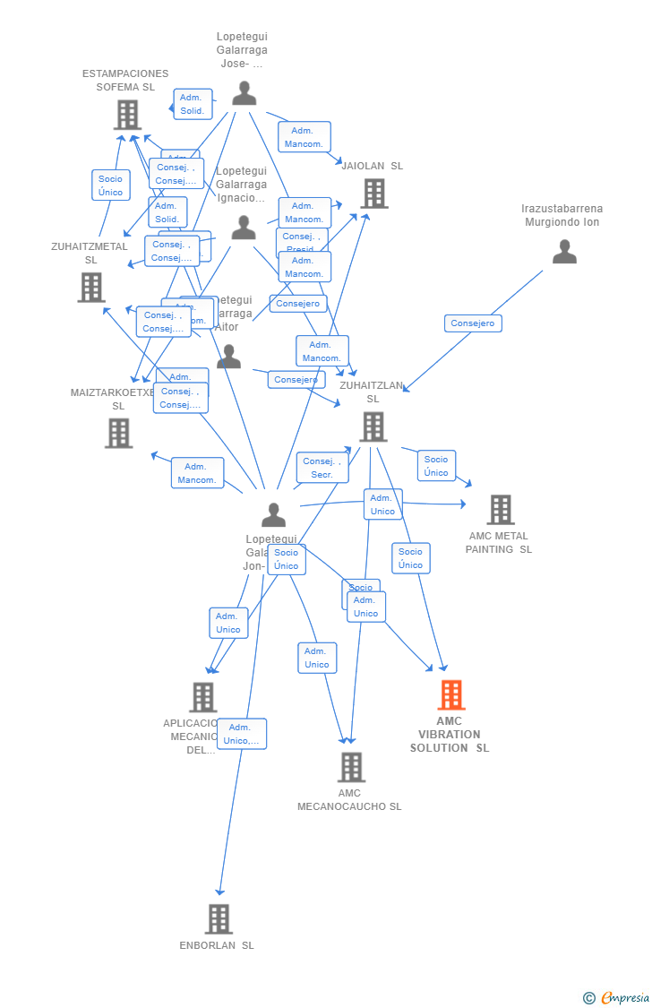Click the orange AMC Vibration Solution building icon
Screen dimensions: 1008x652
[450, 694]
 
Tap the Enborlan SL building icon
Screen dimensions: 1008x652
[219, 918]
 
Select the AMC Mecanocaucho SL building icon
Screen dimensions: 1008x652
[351, 767]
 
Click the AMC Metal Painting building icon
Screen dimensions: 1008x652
[500, 509]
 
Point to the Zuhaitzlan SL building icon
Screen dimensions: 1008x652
[373, 426]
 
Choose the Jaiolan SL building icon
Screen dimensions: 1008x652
[373, 193]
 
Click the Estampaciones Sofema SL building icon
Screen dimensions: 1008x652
[127, 114]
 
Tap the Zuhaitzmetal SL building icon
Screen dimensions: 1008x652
[90, 287]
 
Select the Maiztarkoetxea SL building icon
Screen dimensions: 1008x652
[118, 433]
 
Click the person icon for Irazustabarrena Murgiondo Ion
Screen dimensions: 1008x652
[564, 252]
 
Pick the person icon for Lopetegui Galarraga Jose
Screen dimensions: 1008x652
[244, 93]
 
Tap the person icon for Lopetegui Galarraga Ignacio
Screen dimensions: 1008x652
[244, 228]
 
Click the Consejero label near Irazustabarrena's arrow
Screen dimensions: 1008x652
[473, 323]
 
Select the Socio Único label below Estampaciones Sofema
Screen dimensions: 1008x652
[110, 185]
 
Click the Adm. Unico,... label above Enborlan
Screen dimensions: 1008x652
[241, 734]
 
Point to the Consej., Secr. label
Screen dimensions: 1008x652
[322, 468]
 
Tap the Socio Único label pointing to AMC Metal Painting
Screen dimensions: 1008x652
[436, 466]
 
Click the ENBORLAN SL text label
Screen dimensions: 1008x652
[217, 945]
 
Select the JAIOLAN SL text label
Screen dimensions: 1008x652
[372, 166]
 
